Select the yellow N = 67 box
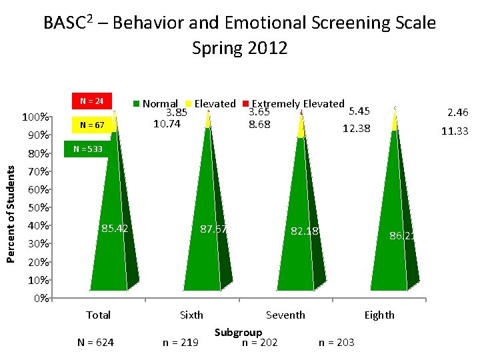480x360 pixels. tap(91, 125)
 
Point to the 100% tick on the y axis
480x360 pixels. tap(34, 118)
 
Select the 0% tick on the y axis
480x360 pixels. tap(39, 298)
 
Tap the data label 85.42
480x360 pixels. tap(115, 229)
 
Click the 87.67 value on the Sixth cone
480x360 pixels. tap(214, 229)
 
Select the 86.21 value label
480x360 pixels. tap(404, 235)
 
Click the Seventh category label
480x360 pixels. tap(285, 315)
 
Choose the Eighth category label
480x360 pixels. tap(379, 315)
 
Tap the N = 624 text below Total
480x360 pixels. tap(95, 342)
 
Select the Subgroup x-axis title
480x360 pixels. tap(238, 332)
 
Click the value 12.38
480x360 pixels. tap(356, 128)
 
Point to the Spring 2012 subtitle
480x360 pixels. tap(239, 48)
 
